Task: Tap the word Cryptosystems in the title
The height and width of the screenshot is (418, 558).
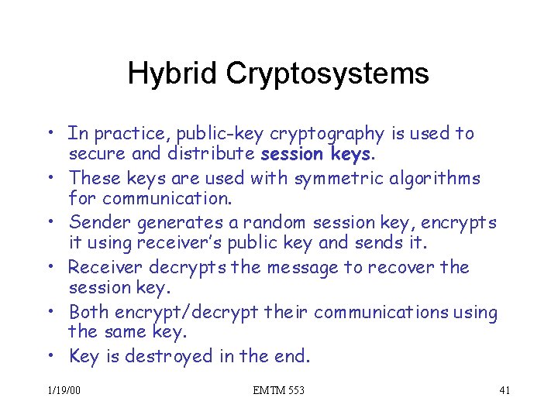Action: click(327, 74)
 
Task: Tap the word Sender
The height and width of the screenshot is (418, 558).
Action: click(100, 223)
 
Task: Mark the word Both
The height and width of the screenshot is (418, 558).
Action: click(88, 313)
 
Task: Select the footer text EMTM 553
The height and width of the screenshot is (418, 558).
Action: click(278, 390)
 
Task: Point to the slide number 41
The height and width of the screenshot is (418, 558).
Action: click(504, 390)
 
